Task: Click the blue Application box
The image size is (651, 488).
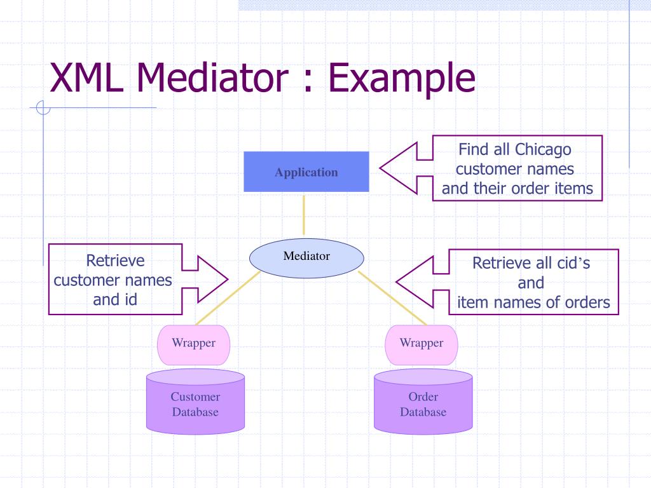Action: tap(306, 172)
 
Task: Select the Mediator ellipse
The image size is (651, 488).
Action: tap(306, 258)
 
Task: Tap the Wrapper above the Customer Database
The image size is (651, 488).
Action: tap(193, 345)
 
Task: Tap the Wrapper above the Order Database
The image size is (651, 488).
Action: tap(421, 345)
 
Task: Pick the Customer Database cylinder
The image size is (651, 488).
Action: tap(195, 402)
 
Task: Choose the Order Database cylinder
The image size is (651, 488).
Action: tap(423, 402)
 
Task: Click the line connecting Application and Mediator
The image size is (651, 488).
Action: tap(303, 215)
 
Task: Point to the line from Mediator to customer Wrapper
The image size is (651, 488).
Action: tap(228, 298)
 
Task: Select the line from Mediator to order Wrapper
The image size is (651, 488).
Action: tap(392, 298)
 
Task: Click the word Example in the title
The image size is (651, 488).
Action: tap(402, 79)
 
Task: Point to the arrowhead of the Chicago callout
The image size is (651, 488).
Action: tap(381, 168)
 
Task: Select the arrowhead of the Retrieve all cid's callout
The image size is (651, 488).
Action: tap(397, 281)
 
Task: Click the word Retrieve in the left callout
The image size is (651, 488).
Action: tap(116, 261)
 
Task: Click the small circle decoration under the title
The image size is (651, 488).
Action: tap(43, 107)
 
